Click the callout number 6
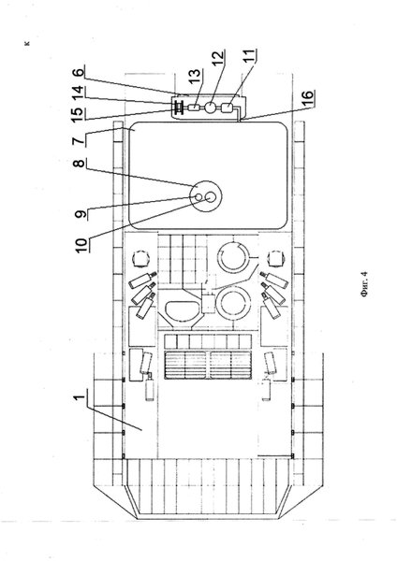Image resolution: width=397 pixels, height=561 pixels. tap(80, 71)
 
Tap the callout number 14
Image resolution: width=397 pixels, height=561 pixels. tap(80, 92)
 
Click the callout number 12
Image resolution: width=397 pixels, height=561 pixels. tap(218, 58)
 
